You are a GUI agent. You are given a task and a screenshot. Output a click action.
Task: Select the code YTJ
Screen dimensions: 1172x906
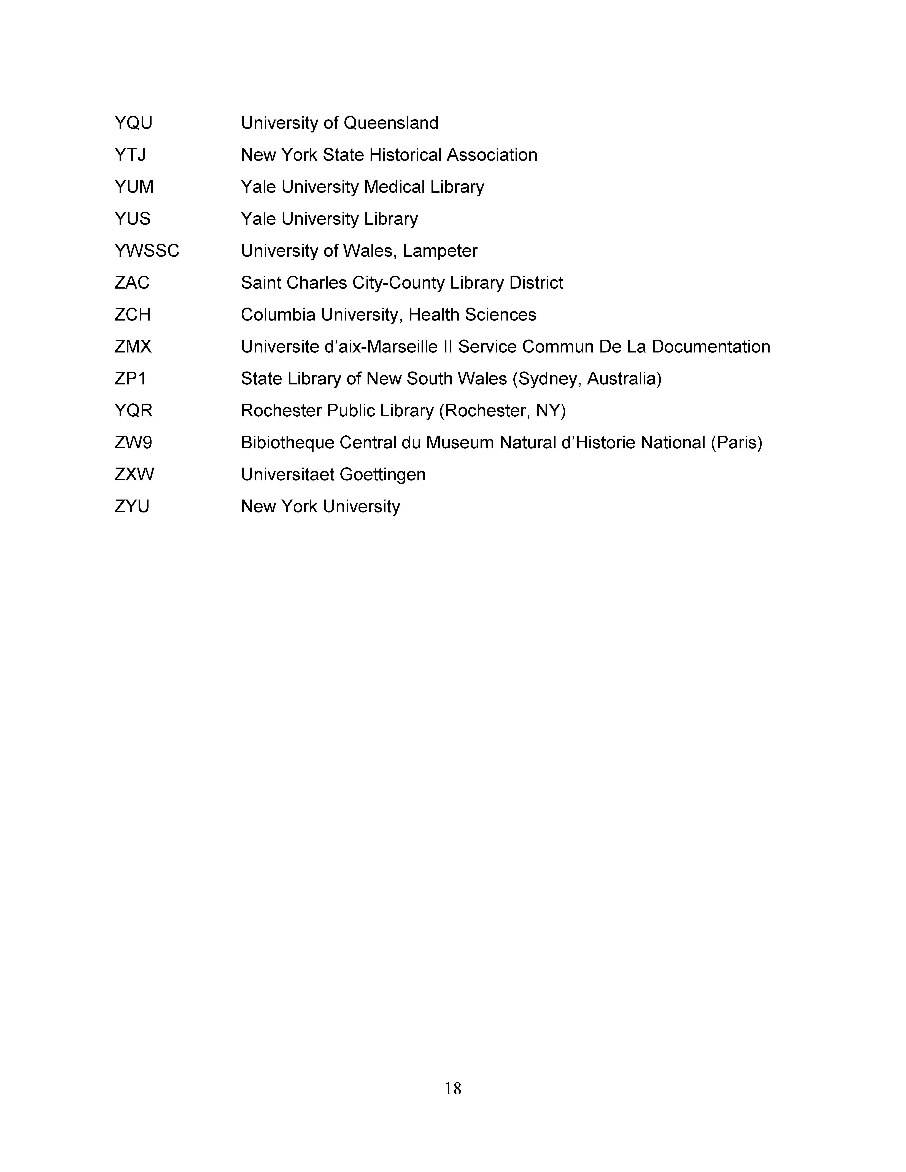[x=130, y=155]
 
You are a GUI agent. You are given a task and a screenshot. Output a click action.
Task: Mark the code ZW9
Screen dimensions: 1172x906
[x=133, y=443]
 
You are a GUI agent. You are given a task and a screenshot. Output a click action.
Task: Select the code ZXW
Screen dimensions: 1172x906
[x=134, y=474]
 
